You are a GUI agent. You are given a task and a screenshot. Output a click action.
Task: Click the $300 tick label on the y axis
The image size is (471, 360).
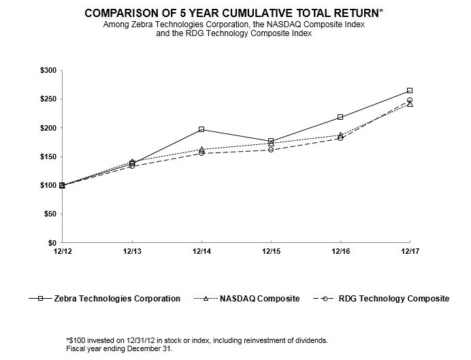[47, 71]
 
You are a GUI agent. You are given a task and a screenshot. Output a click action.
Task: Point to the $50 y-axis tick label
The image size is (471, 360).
[49, 214]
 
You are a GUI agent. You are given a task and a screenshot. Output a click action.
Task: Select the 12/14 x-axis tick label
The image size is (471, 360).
[201, 252]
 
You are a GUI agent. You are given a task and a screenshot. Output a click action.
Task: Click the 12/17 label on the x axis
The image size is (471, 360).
[410, 252]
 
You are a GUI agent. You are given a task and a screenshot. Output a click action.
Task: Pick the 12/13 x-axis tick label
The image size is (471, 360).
[131, 252]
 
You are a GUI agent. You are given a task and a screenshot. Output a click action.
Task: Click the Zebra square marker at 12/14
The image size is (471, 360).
[201, 129]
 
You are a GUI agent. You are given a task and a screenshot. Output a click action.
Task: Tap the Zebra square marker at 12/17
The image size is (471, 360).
[410, 91]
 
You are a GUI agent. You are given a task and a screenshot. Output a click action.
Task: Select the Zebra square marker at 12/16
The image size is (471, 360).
[340, 117]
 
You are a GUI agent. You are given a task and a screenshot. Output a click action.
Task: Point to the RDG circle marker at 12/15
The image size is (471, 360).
[271, 150]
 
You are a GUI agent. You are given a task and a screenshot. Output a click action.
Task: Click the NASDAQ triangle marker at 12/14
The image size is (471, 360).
[201, 150]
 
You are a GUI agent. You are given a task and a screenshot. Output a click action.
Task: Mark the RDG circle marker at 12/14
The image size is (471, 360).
[201, 154]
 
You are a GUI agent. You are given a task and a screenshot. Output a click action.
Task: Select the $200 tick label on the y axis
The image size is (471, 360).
[47, 128]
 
